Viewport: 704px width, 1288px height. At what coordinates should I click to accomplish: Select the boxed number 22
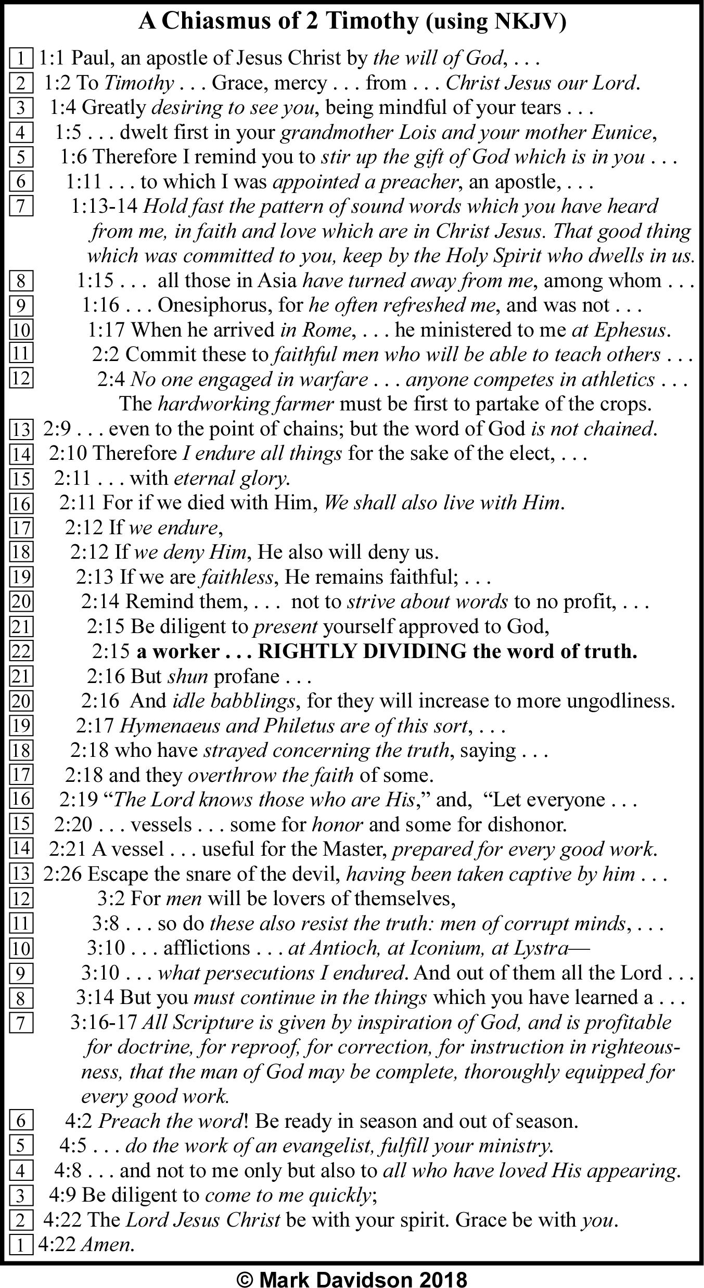pos(21,651)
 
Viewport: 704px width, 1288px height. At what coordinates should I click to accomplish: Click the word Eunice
pos(622,133)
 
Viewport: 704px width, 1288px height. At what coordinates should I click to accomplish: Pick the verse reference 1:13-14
pos(104,207)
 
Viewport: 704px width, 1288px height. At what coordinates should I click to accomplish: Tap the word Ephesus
pos(631,330)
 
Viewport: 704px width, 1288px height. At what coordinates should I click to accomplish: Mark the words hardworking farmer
pos(245,404)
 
